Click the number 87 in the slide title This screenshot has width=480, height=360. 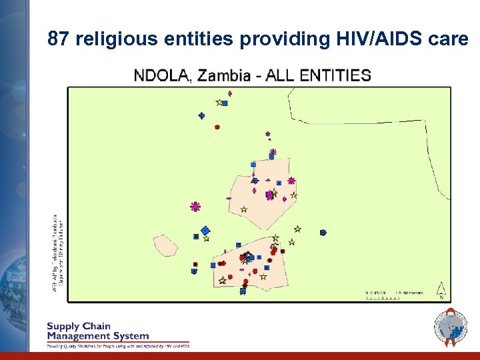58,39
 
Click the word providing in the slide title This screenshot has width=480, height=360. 280,39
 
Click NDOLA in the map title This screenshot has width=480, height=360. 162,75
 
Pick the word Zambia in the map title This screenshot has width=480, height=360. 223,75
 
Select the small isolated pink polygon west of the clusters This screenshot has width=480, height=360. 166,245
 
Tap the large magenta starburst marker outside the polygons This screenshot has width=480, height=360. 195,207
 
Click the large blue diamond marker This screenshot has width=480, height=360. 205,231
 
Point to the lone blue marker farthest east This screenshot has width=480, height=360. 323,233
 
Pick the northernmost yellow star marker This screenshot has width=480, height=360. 219,102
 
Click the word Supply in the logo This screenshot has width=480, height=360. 63,327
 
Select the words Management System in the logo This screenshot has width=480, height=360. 97,336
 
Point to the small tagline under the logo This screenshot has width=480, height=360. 117,346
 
